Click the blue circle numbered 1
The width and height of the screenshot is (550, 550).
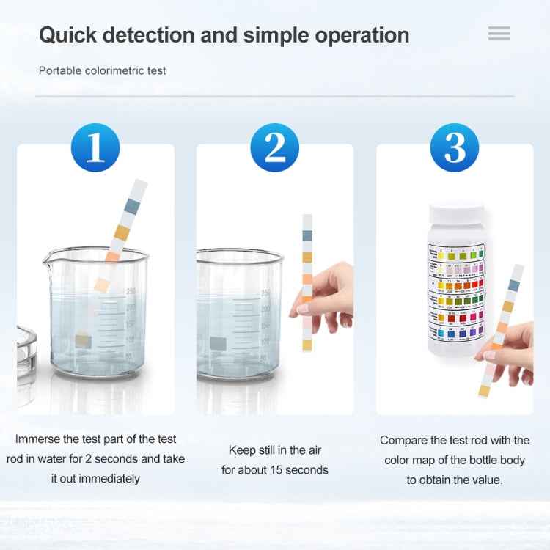click(x=95, y=147)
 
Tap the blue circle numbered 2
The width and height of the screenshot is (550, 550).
click(x=274, y=147)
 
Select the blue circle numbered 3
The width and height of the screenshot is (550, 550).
click(x=455, y=147)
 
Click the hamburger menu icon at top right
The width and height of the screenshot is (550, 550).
click(x=499, y=34)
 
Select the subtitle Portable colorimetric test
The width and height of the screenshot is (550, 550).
click(x=103, y=71)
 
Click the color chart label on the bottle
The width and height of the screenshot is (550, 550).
click(x=456, y=293)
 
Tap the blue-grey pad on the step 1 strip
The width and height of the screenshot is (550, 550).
click(x=131, y=206)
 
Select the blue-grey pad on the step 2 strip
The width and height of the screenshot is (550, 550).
click(x=307, y=235)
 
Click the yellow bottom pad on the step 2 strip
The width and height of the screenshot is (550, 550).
click(x=307, y=345)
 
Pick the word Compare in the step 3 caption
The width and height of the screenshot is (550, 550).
click(x=403, y=441)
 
